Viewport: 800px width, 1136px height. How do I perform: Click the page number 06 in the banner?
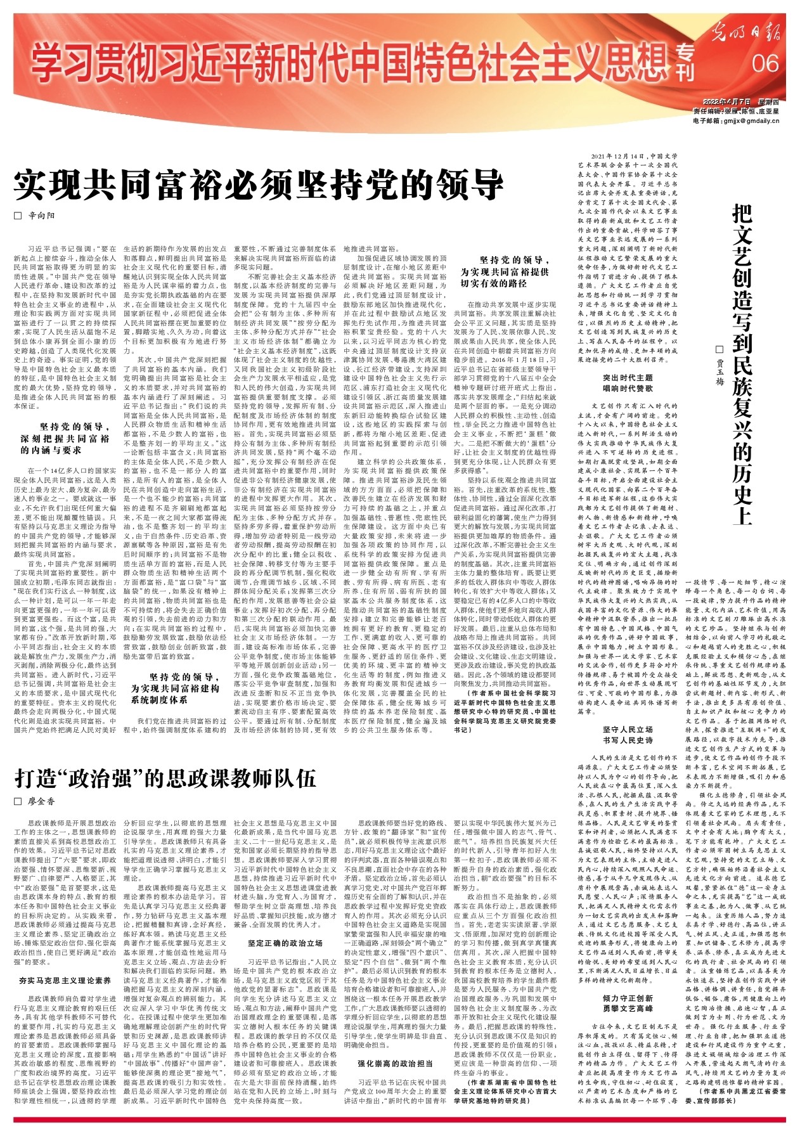click(765, 63)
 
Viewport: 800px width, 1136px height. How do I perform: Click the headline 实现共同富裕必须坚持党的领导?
click(259, 185)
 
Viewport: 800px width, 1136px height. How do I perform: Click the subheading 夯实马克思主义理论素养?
click(65, 980)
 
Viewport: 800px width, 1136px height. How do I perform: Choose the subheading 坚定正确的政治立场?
click(285, 943)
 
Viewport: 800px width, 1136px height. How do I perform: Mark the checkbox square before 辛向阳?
click(18, 216)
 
